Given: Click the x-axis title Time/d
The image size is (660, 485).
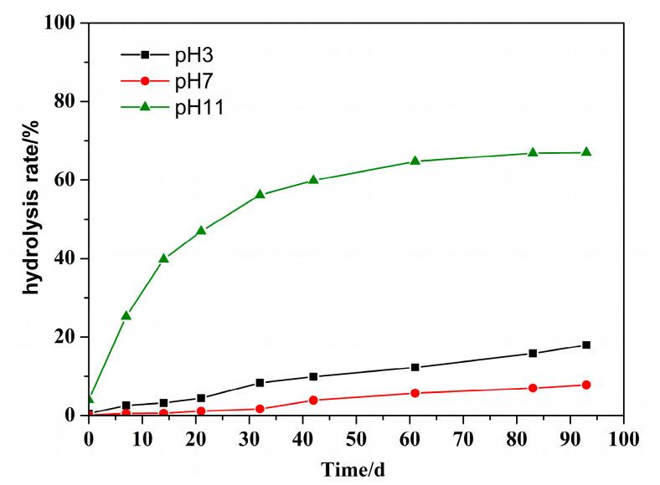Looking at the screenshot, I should click(354, 470).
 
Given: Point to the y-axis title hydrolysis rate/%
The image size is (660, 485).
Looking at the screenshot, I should click(30, 220).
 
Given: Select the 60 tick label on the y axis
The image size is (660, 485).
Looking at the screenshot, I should click(66, 180).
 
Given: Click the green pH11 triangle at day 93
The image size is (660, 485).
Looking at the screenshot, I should click(586, 152).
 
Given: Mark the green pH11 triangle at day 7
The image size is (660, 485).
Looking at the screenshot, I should click(126, 315).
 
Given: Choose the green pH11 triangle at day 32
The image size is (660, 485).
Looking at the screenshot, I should click(260, 194).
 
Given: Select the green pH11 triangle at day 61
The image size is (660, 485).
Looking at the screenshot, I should click(415, 161).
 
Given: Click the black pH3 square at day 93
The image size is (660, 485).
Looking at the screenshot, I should click(586, 345).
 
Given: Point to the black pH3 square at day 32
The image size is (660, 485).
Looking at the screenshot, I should click(260, 383).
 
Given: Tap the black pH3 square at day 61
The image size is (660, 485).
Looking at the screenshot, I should click(415, 367).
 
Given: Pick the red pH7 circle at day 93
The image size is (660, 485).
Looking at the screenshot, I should click(586, 385).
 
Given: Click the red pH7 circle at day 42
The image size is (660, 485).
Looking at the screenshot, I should click(313, 400).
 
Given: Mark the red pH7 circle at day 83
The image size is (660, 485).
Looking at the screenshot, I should click(533, 388).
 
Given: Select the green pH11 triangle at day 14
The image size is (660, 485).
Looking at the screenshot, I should click(163, 258).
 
